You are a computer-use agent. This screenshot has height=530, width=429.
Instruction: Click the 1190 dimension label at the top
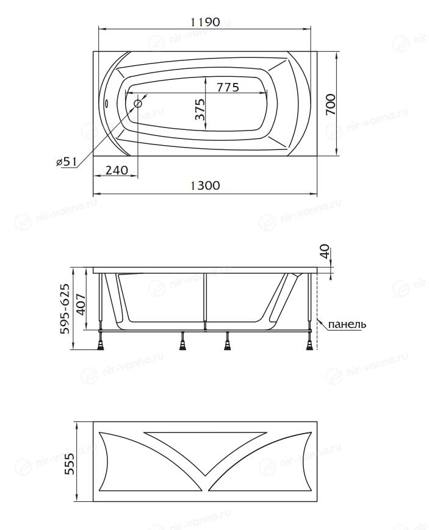pyautogui.click(x=206, y=23)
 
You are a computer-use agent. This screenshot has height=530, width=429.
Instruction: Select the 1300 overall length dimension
pyautogui.click(x=205, y=185)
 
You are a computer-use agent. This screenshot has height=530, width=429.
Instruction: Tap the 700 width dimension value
pyautogui.click(x=331, y=104)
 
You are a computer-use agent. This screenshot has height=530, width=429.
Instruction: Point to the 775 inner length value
pyautogui.click(x=228, y=87)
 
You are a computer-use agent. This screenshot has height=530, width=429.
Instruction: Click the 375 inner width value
pyautogui.click(x=200, y=110)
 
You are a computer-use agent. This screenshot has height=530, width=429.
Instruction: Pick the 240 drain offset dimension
pyautogui.click(x=117, y=170)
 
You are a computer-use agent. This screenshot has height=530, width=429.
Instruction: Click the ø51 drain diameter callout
pyautogui.click(x=67, y=162)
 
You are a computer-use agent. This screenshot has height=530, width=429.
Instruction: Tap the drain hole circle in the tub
pyautogui.click(x=138, y=104)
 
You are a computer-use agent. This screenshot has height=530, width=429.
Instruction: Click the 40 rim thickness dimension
pyautogui.click(x=325, y=251)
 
